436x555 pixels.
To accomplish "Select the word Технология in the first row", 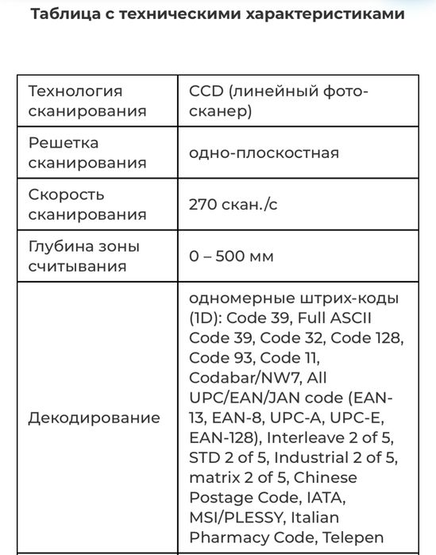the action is [x=75, y=91].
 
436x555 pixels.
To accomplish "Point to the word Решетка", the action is [x=64, y=143].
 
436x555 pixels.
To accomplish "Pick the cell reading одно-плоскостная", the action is [x=264, y=152].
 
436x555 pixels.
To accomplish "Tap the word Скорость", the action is [x=66, y=195].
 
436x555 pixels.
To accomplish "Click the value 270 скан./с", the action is [x=233, y=204].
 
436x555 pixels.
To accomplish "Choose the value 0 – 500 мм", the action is [x=231, y=256].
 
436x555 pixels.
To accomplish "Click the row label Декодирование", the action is [x=94, y=418].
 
